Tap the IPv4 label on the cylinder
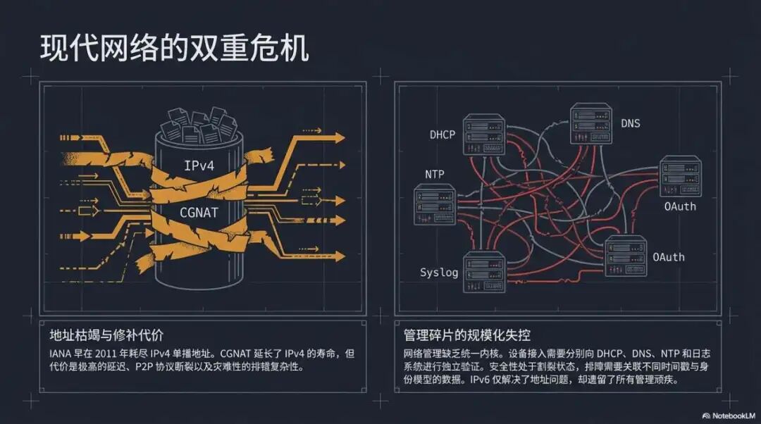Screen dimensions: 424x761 [x=199, y=166]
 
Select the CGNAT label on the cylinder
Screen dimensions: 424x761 [x=199, y=211]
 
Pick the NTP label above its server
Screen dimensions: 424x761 [x=435, y=174]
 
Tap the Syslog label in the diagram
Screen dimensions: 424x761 [x=439, y=273]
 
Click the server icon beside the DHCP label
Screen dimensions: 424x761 [x=484, y=135]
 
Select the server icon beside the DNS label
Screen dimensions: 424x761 [x=590, y=124]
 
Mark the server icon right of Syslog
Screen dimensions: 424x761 [x=484, y=272]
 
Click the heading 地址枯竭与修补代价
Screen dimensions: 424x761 [x=106, y=334]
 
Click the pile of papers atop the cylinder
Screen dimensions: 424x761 [x=199, y=125]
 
